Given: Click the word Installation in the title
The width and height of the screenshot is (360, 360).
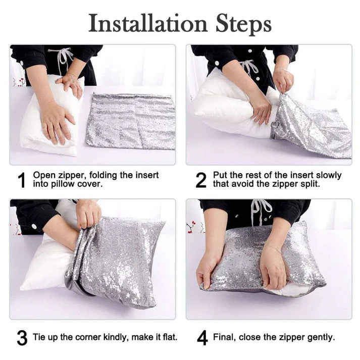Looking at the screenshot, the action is pyautogui.click(x=148, y=23).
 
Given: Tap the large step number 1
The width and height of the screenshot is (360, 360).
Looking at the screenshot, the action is pyautogui.click(x=22, y=180).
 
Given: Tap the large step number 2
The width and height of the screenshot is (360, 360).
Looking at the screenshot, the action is pyautogui.click(x=201, y=180).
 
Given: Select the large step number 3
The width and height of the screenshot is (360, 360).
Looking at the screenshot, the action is pyautogui.click(x=22, y=338).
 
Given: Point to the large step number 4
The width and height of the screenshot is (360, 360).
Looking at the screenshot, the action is pyautogui.click(x=202, y=338).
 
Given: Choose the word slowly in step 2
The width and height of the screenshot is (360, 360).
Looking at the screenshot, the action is pyautogui.click(x=329, y=176).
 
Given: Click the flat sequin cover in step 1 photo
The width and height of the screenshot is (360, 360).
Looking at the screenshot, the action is pyautogui.click(x=131, y=122).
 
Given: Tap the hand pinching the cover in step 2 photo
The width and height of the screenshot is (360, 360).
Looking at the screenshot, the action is pyautogui.click(x=283, y=80).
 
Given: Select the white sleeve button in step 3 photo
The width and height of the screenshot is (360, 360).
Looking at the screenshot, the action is pyautogui.click(x=34, y=227).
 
